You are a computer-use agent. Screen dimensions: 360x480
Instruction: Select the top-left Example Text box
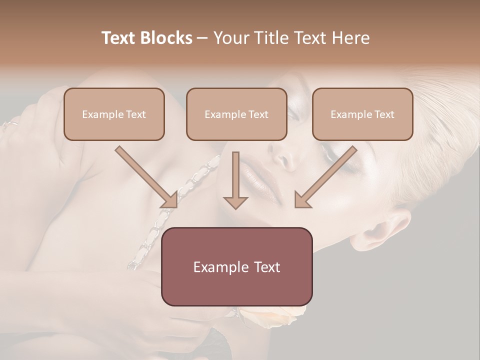[114, 114]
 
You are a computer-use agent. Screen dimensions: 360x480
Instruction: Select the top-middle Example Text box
[236, 114]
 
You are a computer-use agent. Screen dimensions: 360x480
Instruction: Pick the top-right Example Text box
[362, 114]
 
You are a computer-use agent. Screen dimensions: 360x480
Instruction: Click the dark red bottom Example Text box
[236, 266]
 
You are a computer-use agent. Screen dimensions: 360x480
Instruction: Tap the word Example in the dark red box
[220, 267]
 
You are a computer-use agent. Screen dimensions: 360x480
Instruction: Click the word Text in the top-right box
[384, 114]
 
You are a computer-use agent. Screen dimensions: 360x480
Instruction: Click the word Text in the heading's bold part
[120, 38]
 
